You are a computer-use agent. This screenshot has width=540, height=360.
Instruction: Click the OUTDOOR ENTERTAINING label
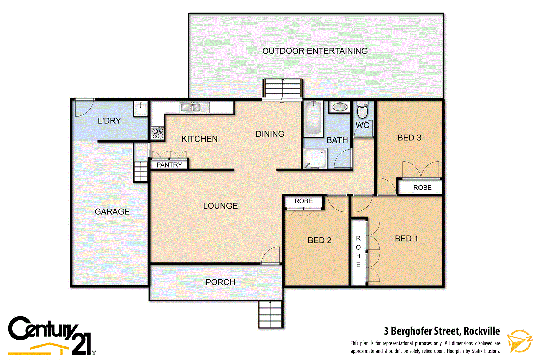315,51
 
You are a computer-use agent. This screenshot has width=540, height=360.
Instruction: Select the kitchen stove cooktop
158,133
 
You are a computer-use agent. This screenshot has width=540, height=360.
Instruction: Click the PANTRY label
169,165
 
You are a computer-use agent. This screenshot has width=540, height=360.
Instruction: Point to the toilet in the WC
362,109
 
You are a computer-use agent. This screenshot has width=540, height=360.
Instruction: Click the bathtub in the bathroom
313,119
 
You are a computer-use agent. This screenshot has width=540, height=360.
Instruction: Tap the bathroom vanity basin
340,107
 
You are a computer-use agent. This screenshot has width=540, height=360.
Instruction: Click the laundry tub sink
141,108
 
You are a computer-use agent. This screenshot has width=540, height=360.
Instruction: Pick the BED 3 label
409,138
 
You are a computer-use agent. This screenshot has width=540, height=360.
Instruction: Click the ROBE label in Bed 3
422,188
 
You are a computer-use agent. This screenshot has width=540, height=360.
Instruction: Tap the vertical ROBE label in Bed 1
358,252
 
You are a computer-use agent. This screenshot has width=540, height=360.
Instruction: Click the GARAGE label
112,212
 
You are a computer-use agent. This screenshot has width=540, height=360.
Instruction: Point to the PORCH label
220,282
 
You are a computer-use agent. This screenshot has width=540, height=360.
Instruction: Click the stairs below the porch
270,314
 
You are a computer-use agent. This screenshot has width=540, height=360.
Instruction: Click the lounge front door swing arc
271,255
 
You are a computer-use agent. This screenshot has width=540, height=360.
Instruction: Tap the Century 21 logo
51,335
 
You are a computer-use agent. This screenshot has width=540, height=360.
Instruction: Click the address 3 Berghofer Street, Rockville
442,331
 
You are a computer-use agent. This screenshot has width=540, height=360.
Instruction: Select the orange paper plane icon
519,341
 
